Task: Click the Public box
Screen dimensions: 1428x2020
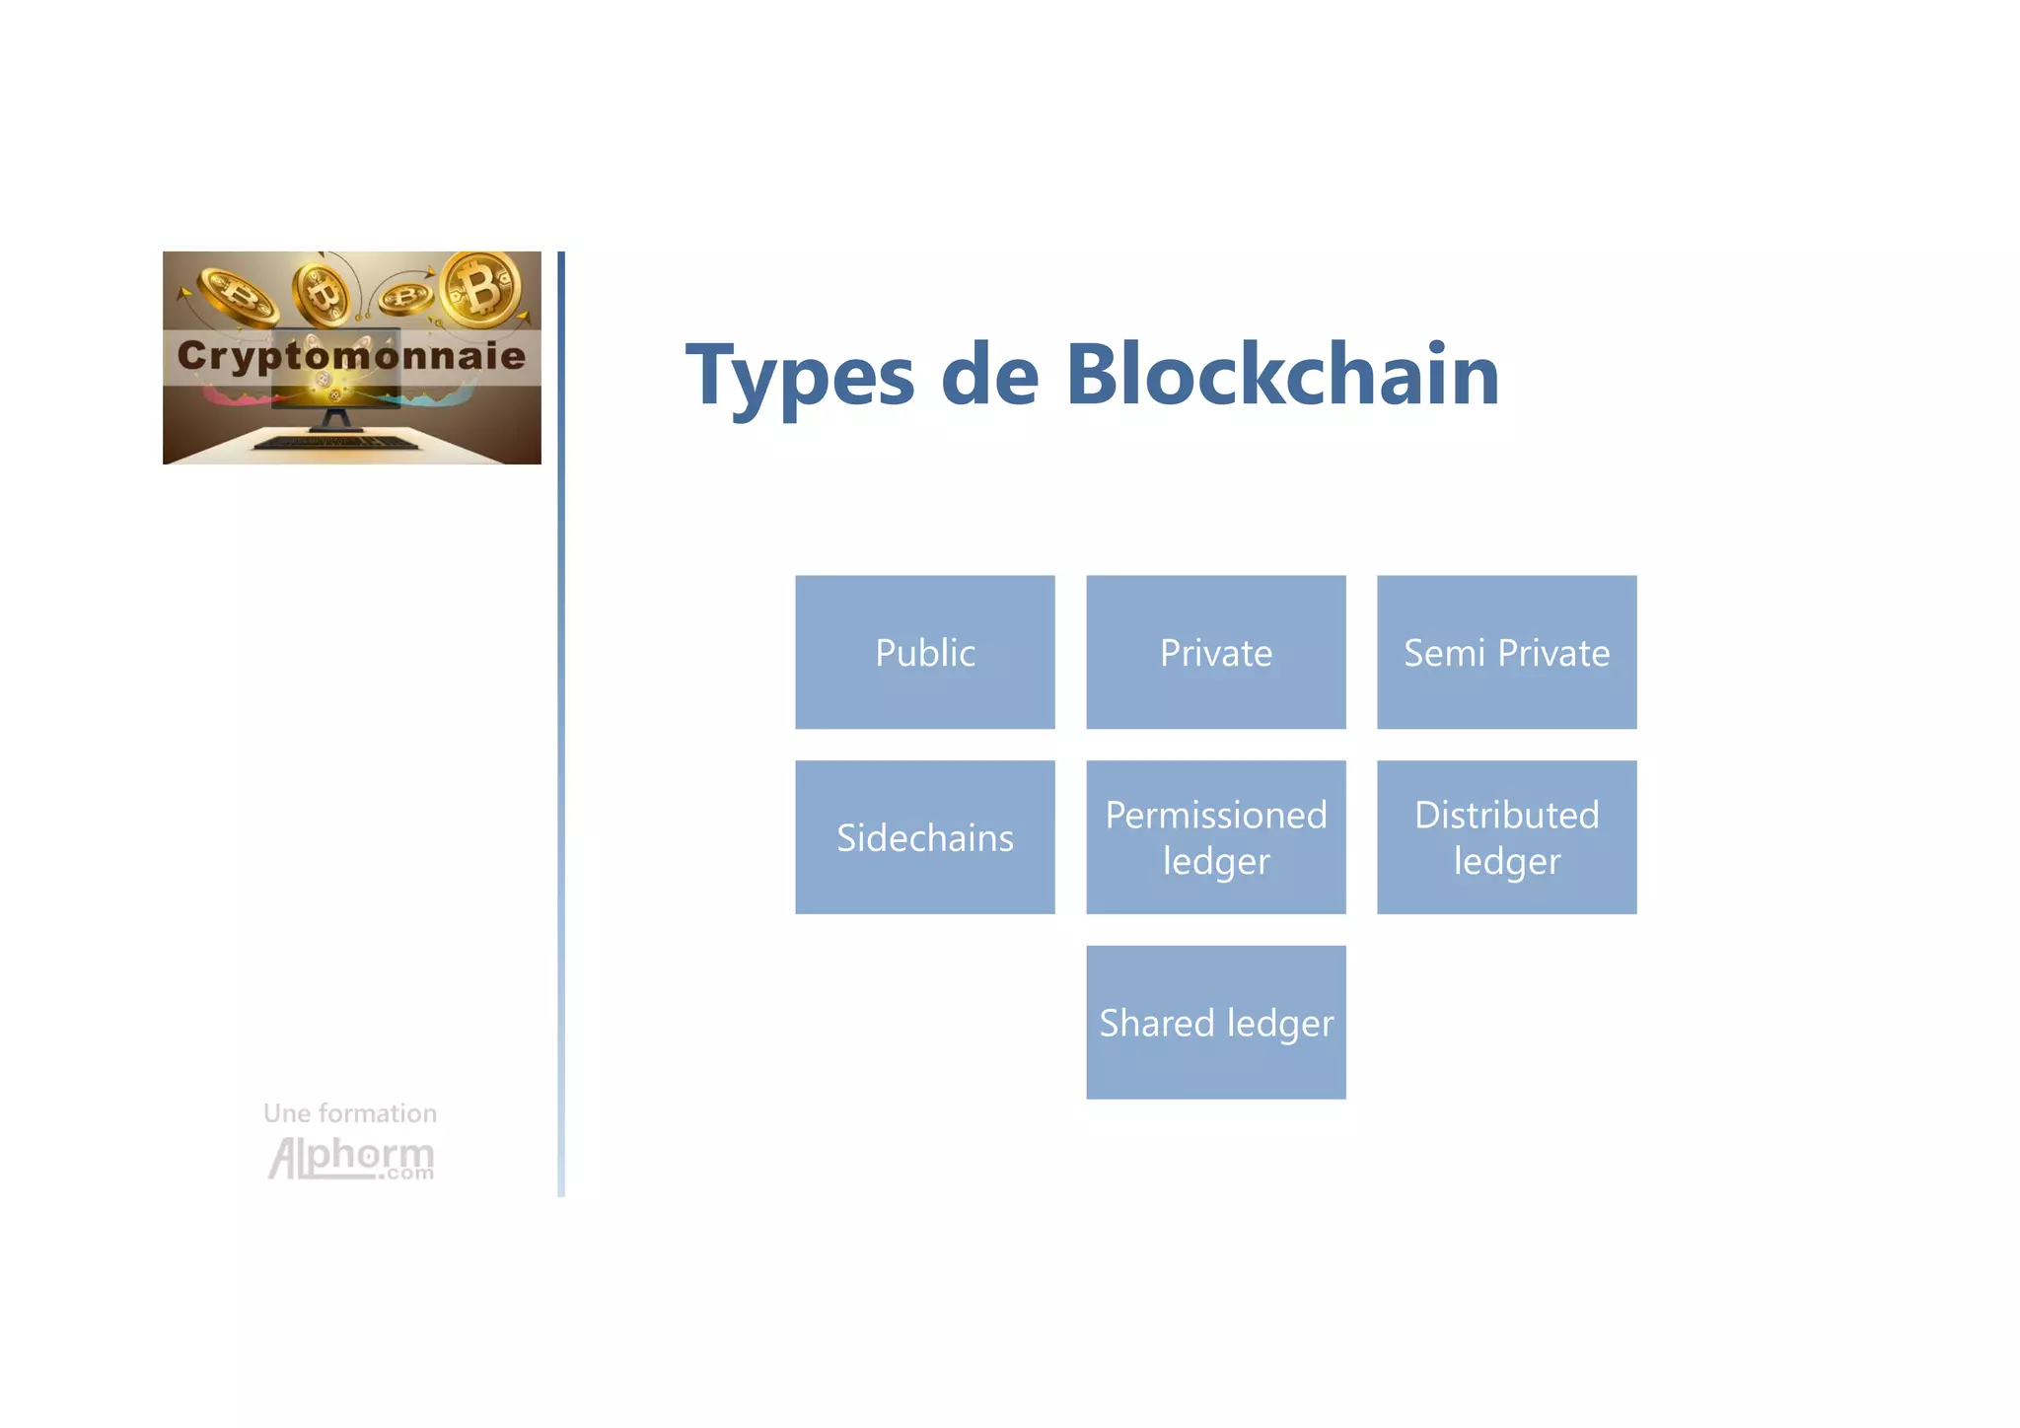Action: (924, 652)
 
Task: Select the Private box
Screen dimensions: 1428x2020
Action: (1215, 652)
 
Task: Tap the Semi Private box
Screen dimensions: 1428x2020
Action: (1506, 652)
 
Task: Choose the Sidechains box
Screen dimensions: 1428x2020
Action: (924, 837)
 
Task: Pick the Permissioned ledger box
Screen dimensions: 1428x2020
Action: (1215, 837)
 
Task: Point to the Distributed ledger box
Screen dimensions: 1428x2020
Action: (1506, 837)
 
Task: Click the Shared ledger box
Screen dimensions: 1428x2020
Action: (1215, 1023)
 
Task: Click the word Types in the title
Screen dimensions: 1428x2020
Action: (800, 377)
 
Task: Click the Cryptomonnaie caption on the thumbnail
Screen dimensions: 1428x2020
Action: (351, 355)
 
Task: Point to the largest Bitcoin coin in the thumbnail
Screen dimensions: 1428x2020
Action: (481, 288)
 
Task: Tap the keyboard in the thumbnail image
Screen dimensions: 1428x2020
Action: (335, 443)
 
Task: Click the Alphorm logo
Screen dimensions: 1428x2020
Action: (351, 1158)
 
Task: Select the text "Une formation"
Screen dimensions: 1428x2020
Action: (350, 1113)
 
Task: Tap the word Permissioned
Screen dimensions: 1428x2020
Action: (1215, 816)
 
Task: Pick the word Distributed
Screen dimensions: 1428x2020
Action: (1506, 816)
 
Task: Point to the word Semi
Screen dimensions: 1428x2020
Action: (1443, 653)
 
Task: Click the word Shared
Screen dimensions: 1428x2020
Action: (1156, 1023)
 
